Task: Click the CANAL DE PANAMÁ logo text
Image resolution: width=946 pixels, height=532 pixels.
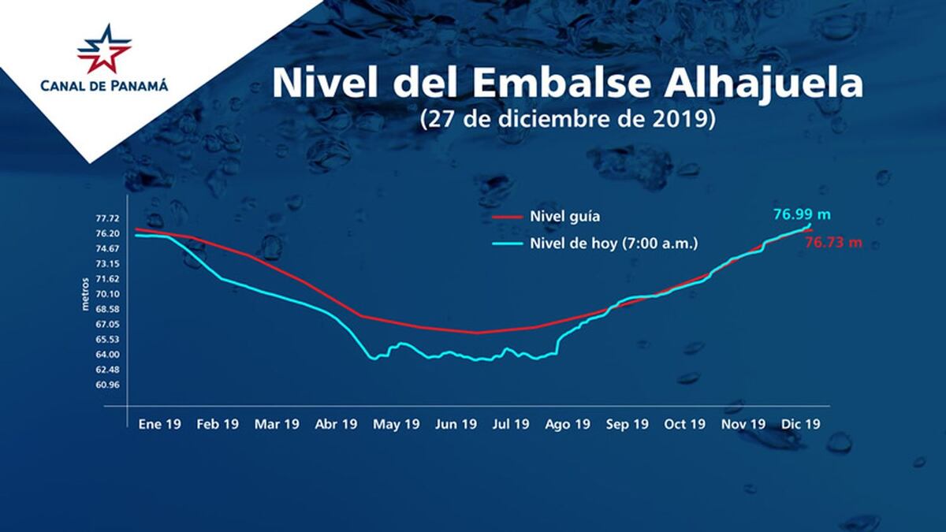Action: click(104, 85)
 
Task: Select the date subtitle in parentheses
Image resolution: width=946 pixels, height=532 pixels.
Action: click(568, 119)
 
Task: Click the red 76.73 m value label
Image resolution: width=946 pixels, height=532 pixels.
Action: click(832, 243)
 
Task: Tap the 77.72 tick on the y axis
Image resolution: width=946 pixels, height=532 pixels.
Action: click(107, 218)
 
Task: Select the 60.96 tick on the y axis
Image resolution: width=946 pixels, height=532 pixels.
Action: click(107, 385)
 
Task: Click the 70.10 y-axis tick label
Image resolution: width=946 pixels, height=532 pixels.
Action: click(107, 294)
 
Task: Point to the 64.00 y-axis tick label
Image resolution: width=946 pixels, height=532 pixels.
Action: click(107, 355)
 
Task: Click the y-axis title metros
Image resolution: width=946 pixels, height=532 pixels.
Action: click(87, 294)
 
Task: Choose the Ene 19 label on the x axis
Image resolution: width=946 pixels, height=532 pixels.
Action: click(159, 424)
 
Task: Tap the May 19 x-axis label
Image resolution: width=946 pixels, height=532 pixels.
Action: click(396, 424)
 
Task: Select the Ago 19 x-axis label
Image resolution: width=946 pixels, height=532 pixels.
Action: click(568, 424)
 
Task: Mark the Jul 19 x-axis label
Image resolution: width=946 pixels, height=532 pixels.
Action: click(510, 424)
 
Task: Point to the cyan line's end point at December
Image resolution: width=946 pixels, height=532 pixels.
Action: click(810, 225)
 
